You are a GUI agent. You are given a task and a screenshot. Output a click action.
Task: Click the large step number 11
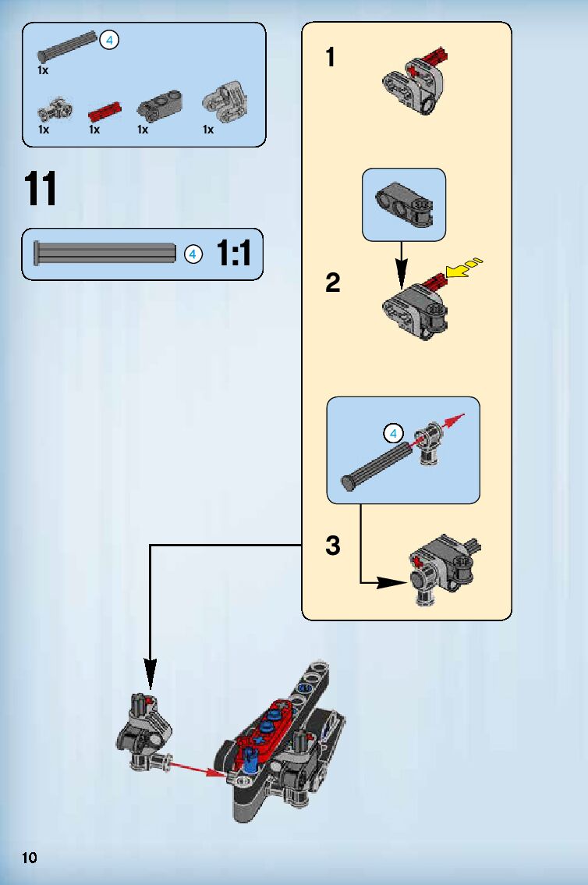41,189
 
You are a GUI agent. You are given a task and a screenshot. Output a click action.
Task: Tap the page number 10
30,858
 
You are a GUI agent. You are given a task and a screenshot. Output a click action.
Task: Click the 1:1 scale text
234,254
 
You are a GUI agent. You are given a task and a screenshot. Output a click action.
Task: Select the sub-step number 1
331,58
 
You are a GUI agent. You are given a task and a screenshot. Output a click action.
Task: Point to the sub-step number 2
333,283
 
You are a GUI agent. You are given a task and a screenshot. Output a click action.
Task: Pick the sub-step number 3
333,546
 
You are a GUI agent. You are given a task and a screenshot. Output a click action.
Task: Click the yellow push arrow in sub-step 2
464,268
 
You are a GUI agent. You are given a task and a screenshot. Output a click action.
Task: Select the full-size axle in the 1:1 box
104,254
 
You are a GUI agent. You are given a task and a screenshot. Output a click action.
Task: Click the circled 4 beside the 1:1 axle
193,254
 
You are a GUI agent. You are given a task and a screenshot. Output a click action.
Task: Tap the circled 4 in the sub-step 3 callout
393,433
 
